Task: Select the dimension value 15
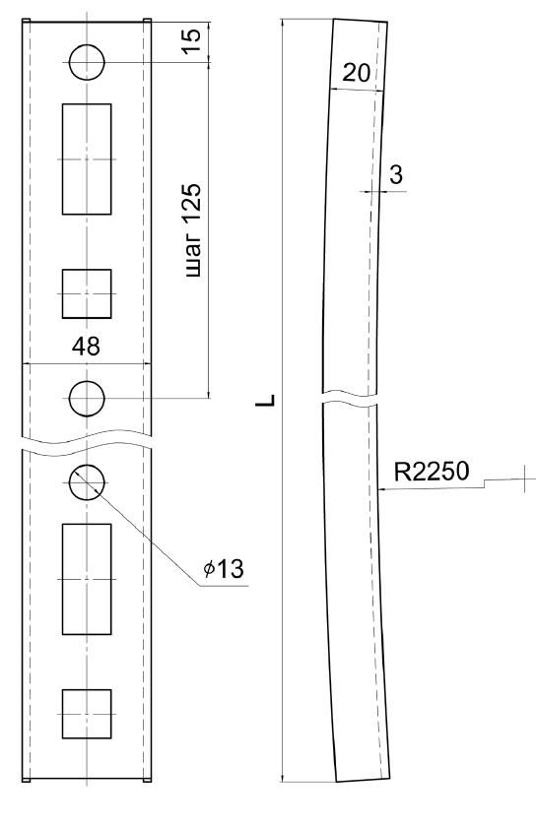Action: pos(192,40)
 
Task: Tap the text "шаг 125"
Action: pos(192,230)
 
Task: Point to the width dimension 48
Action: pos(86,347)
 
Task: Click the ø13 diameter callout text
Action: pos(224,568)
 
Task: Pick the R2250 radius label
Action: pos(432,472)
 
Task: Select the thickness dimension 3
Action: pos(396,174)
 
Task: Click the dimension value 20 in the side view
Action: pos(356,73)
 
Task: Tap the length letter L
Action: pos(266,401)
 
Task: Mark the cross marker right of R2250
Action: pos(525,479)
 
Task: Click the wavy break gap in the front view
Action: pos(87,443)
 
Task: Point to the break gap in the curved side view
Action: pos(350,399)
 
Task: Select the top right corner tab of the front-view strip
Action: pos(148,21)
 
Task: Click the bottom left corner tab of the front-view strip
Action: pos(26,780)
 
